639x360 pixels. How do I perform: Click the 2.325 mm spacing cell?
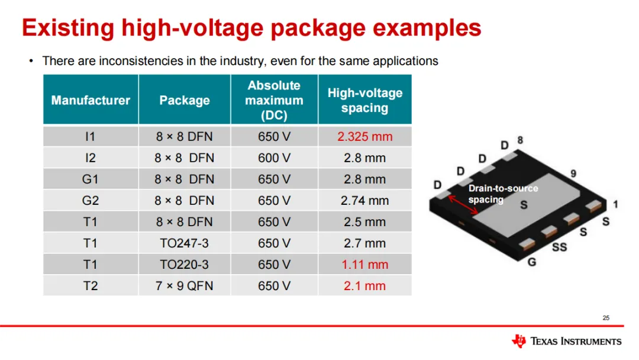pos(364,137)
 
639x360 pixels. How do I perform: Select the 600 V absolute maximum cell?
pos(274,158)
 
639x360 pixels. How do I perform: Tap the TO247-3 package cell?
pos(184,243)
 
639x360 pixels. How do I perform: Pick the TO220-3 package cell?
pos(184,265)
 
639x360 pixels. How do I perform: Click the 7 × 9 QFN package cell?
pos(184,286)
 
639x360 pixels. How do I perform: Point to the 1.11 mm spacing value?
pos(364,265)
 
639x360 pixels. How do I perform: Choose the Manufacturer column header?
pos(91,100)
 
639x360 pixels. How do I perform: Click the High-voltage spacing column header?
pos(364,100)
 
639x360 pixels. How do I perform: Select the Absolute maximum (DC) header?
pos(274,100)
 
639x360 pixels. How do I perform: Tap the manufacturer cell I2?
pos(91,158)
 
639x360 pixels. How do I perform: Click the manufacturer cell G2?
pos(91,201)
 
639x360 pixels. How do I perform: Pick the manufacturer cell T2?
pos(91,286)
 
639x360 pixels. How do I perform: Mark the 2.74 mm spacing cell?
pos(364,201)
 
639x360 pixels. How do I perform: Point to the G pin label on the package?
pos(532,262)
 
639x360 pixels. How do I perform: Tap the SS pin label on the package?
pos(559,247)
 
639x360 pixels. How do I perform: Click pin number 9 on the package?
pos(573,173)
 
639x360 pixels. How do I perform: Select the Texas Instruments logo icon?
pos(519,341)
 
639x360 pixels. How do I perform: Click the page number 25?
pos(606,319)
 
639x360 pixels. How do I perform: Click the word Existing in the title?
pos(66,28)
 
